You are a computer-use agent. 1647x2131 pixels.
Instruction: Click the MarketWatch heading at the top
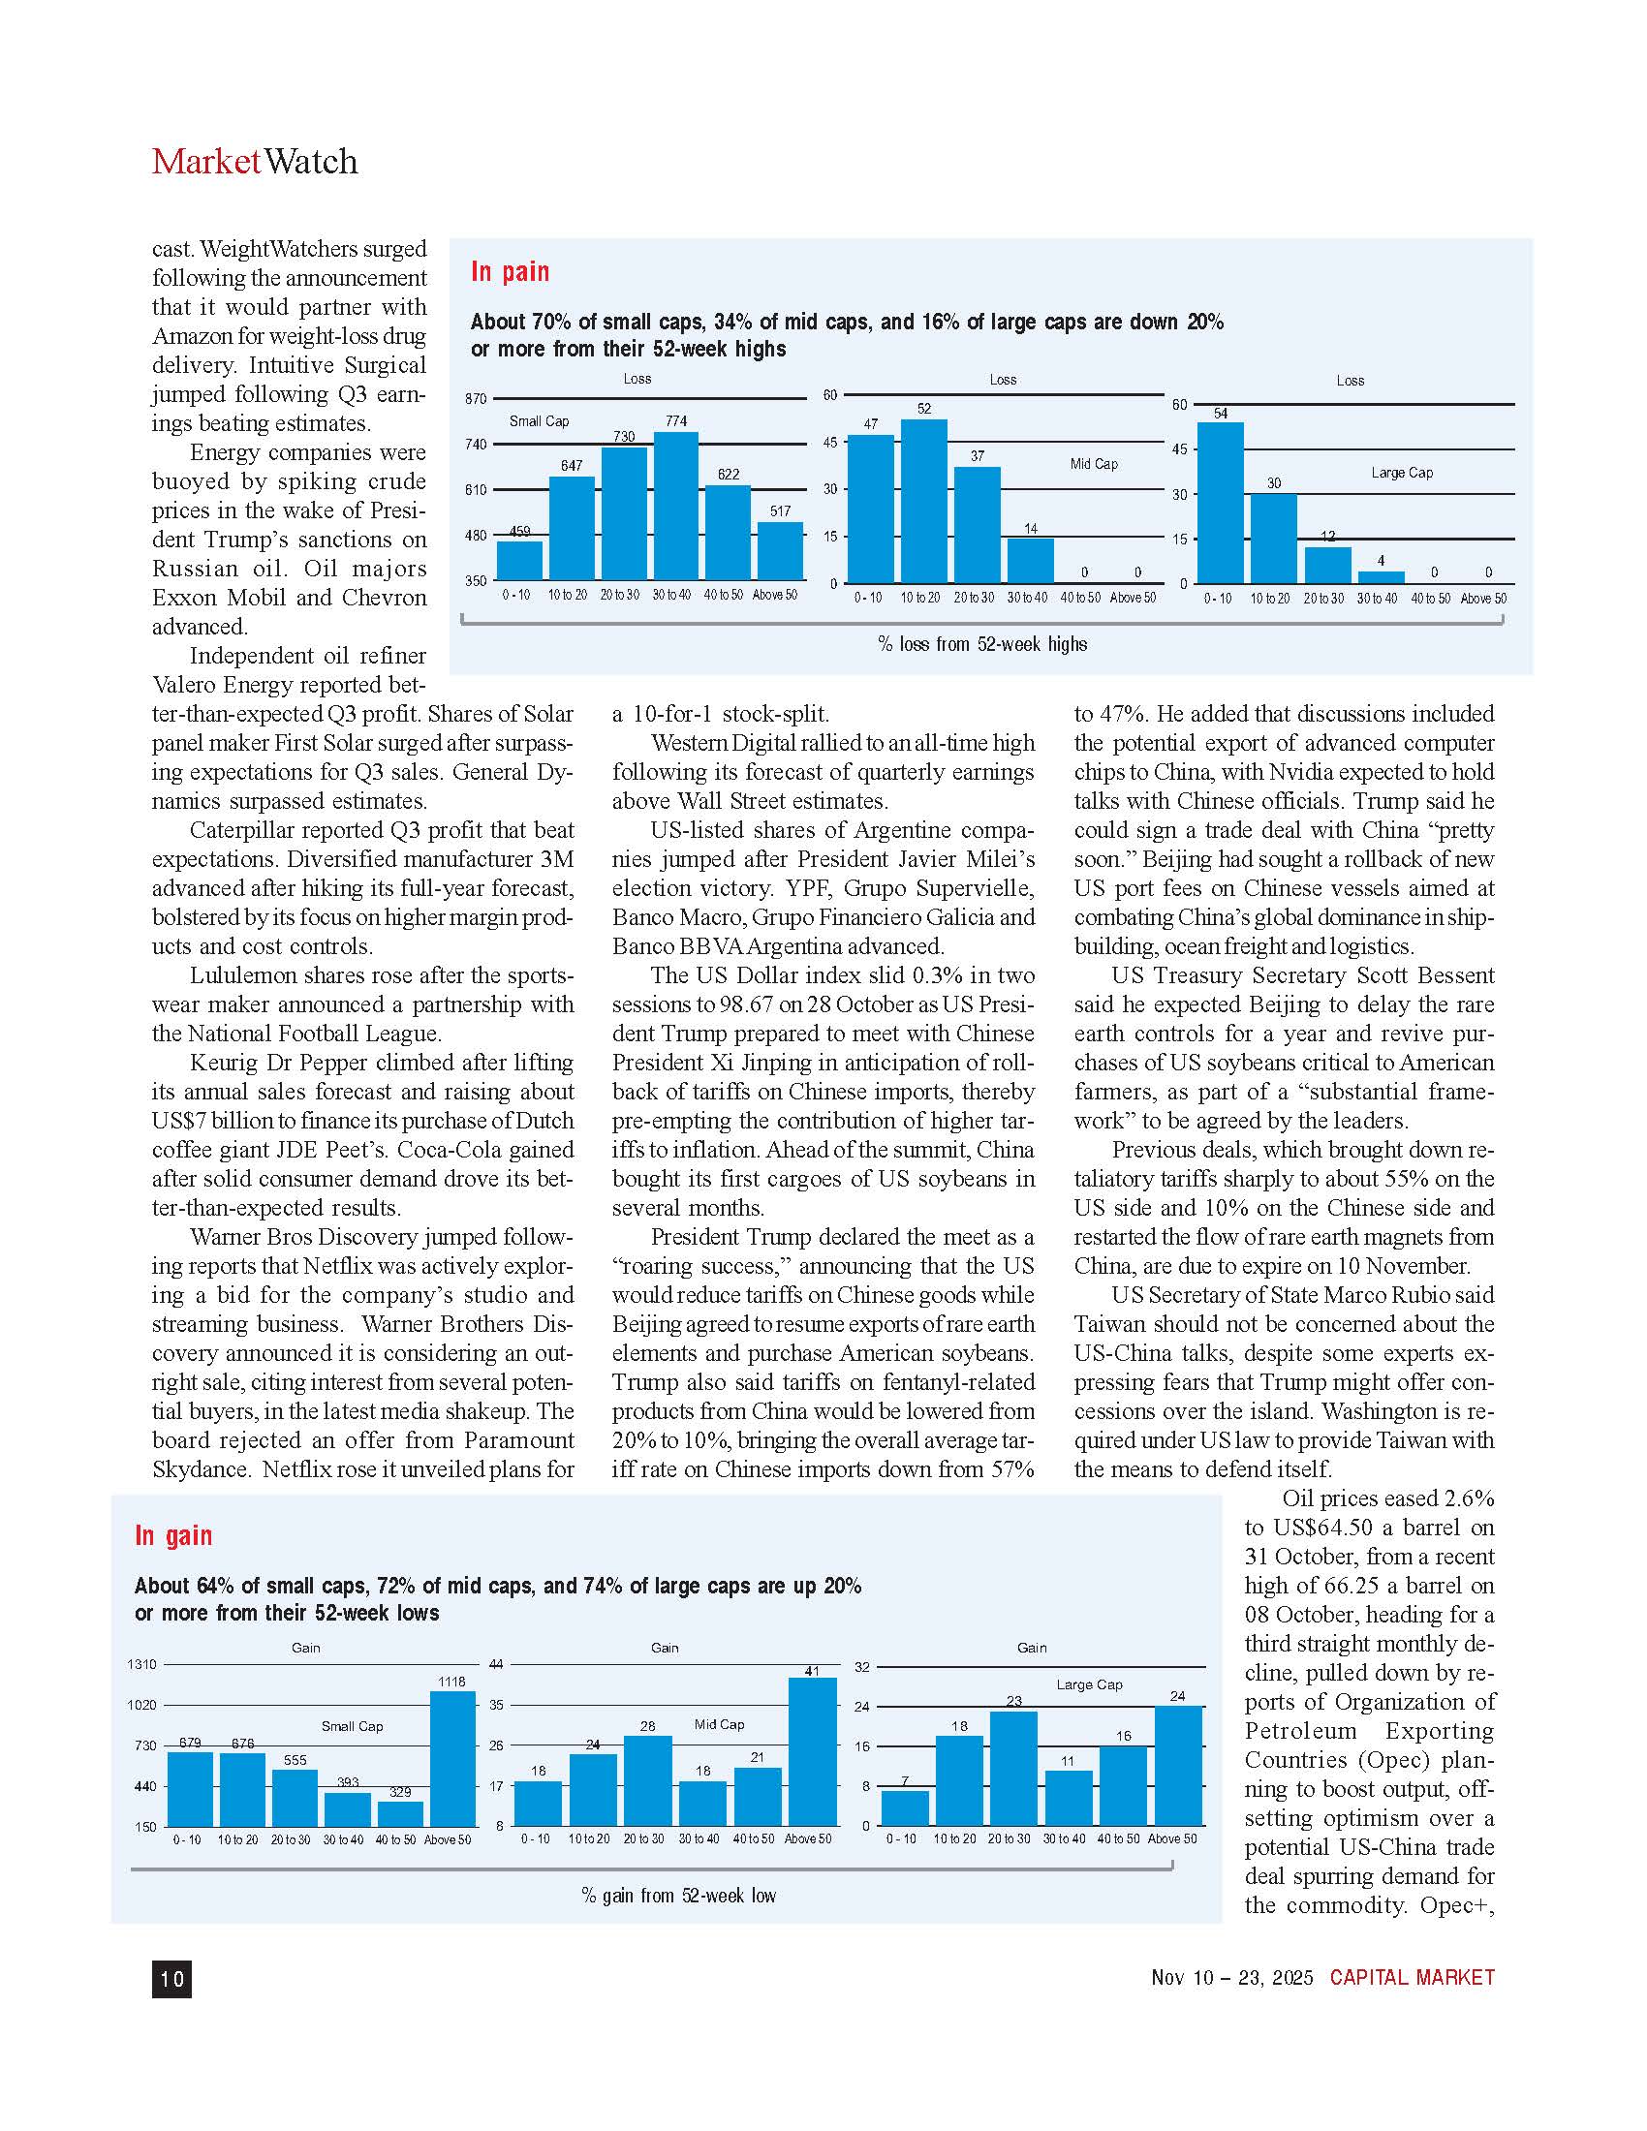coord(255,161)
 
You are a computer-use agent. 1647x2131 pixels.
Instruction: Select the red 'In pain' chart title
coord(510,271)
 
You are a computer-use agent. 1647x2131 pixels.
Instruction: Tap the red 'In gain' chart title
coord(172,1535)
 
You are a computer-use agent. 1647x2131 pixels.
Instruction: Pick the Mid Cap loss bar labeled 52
coord(923,502)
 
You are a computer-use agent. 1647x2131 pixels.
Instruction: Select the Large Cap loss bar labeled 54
coord(1220,504)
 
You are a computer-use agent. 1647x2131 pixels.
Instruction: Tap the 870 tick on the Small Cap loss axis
coord(475,399)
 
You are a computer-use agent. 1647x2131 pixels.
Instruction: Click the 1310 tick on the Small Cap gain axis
coord(141,1663)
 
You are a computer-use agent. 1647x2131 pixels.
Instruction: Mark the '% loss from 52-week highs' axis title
coord(981,644)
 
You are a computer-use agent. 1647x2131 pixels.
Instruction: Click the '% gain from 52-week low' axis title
coord(678,1895)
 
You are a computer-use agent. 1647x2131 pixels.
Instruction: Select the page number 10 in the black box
coord(171,1978)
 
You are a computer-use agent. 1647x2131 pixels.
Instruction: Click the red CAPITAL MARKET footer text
coord(1412,1977)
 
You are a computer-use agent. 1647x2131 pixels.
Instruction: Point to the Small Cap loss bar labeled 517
coord(780,552)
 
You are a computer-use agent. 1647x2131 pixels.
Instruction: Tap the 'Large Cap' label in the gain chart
coord(1089,1684)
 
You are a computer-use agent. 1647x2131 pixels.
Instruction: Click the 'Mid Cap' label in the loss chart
coord(1094,463)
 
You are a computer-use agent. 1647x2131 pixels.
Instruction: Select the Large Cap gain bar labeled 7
coord(905,1807)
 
